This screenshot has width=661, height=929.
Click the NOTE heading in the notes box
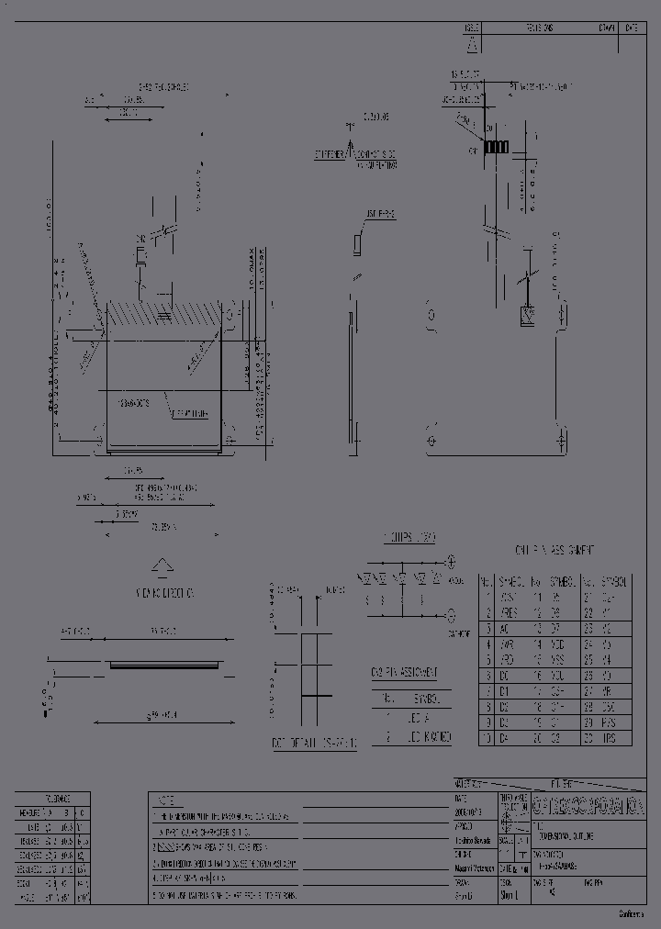166,800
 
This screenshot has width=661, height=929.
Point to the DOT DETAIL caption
303,742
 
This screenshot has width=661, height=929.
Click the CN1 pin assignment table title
555,549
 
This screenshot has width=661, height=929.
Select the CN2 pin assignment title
404,672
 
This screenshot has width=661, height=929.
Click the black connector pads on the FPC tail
497,147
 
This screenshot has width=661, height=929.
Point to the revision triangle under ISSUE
471,44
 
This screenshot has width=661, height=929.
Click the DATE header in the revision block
631,28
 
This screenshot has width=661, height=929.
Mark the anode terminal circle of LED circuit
450,561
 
